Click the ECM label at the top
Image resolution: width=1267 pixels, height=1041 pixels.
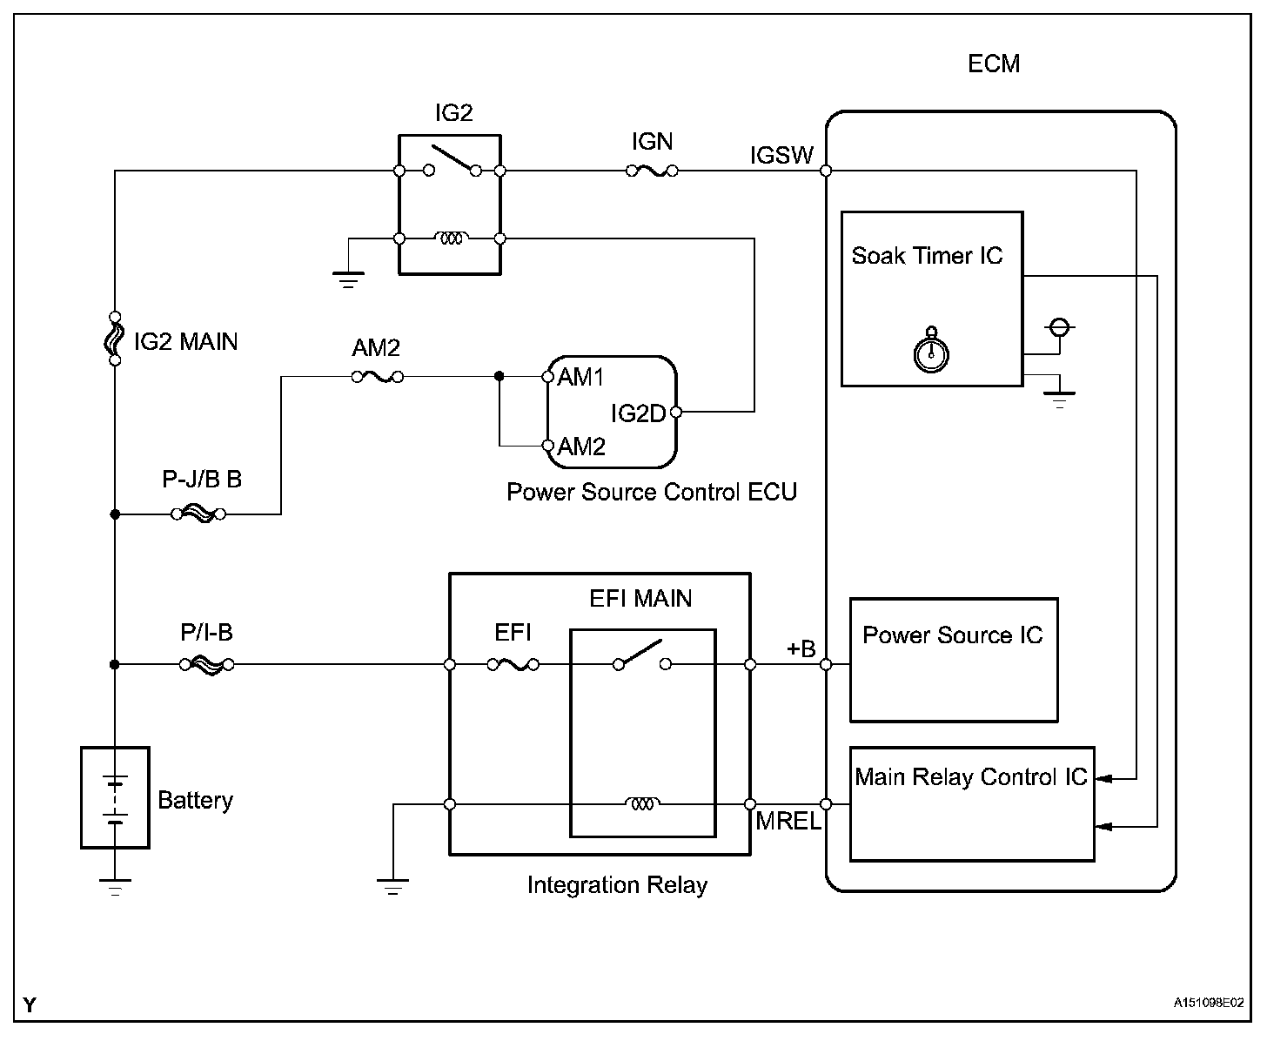(x=993, y=64)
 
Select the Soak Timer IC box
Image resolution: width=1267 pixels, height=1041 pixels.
(x=931, y=298)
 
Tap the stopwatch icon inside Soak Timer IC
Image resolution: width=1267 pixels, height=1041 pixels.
(x=931, y=351)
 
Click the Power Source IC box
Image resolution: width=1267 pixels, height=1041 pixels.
(x=953, y=660)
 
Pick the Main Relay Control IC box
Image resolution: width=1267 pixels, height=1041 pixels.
(x=971, y=803)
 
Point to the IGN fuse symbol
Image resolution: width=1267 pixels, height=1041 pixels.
(x=652, y=171)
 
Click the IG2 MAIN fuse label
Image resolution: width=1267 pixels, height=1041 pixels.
(x=185, y=341)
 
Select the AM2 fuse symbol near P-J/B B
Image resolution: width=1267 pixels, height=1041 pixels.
(x=377, y=377)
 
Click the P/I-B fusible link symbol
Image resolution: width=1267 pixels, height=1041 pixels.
(x=207, y=665)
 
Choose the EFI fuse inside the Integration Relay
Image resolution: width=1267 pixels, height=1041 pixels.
(x=513, y=665)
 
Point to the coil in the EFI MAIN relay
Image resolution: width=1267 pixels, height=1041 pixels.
(x=642, y=803)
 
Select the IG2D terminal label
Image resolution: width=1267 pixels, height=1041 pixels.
(x=638, y=413)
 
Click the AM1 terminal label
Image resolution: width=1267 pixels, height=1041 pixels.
(x=581, y=377)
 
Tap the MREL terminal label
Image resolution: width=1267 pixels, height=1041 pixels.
(x=788, y=821)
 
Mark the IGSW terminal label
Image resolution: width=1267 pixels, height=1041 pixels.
(x=781, y=155)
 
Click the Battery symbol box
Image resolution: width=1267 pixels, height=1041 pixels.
(x=115, y=797)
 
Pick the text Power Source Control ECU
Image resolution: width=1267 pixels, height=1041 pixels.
(x=652, y=492)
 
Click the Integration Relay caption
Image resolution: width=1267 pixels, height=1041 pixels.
(x=617, y=885)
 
